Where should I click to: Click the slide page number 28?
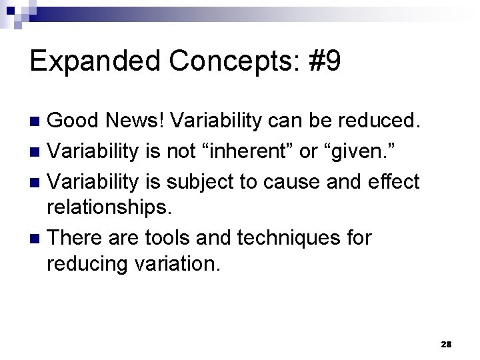[446, 344]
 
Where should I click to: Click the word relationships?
[109, 208]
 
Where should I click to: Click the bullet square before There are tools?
[37, 237]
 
